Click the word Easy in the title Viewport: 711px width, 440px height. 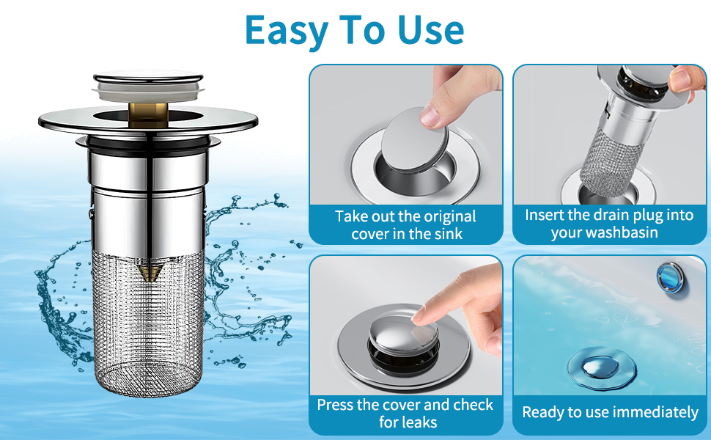pyautogui.click(x=287, y=31)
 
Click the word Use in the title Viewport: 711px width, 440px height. pyautogui.click(x=431, y=30)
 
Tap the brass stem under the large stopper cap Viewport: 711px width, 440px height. pyautogui.click(x=148, y=114)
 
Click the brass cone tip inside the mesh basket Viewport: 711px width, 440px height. pyautogui.click(x=149, y=273)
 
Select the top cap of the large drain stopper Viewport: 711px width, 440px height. pyautogui.click(x=148, y=85)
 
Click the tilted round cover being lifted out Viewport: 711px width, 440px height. pyautogui.click(x=414, y=140)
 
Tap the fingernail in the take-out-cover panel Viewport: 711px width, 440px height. pyautogui.click(x=429, y=116)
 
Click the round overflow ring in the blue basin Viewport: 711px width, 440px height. pyautogui.click(x=671, y=276)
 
